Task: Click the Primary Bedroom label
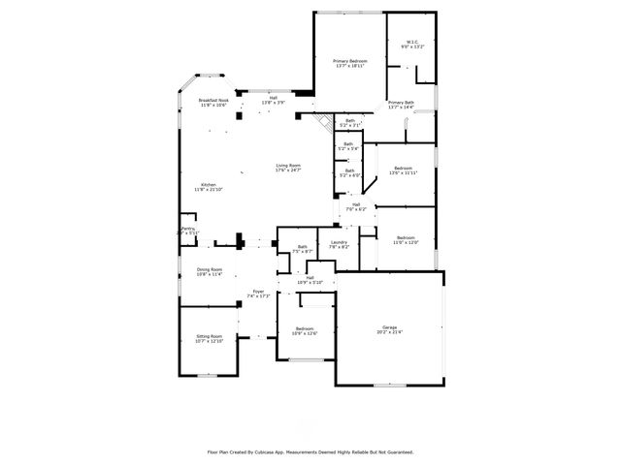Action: coord(350,61)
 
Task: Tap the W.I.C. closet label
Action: coord(412,41)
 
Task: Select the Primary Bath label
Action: coord(401,103)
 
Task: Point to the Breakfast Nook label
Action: coord(213,100)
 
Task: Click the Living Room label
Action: coord(288,165)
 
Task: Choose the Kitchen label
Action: coord(209,185)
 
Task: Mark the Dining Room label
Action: coord(211,269)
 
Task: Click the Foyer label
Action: coord(258,291)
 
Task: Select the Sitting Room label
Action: coord(210,336)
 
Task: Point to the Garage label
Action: coord(389,326)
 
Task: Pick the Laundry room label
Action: coord(339,242)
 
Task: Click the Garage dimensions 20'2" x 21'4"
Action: coord(389,332)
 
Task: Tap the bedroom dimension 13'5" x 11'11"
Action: coord(403,173)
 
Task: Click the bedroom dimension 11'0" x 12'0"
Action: coord(406,242)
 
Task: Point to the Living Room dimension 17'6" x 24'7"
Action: coord(288,170)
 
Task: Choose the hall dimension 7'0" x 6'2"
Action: coord(357,209)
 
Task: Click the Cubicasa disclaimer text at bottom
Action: coord(310,451)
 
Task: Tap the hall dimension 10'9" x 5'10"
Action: coord(310,283)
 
